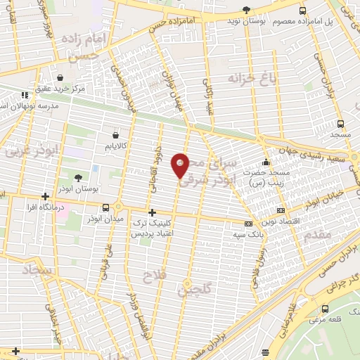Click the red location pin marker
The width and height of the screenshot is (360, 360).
[x=181, y=166]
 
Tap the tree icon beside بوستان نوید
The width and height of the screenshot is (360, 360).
[x=245, y=9]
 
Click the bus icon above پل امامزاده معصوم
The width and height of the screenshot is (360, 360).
[x=302, y=11]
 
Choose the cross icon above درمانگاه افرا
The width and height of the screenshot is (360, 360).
[x=45, y=197]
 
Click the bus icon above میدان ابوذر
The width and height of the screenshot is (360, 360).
[x=105, y=207]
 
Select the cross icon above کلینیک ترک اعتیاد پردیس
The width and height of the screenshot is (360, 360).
[x=152, y=212]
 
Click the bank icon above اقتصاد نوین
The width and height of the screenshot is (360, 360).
[x=281, y=210]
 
